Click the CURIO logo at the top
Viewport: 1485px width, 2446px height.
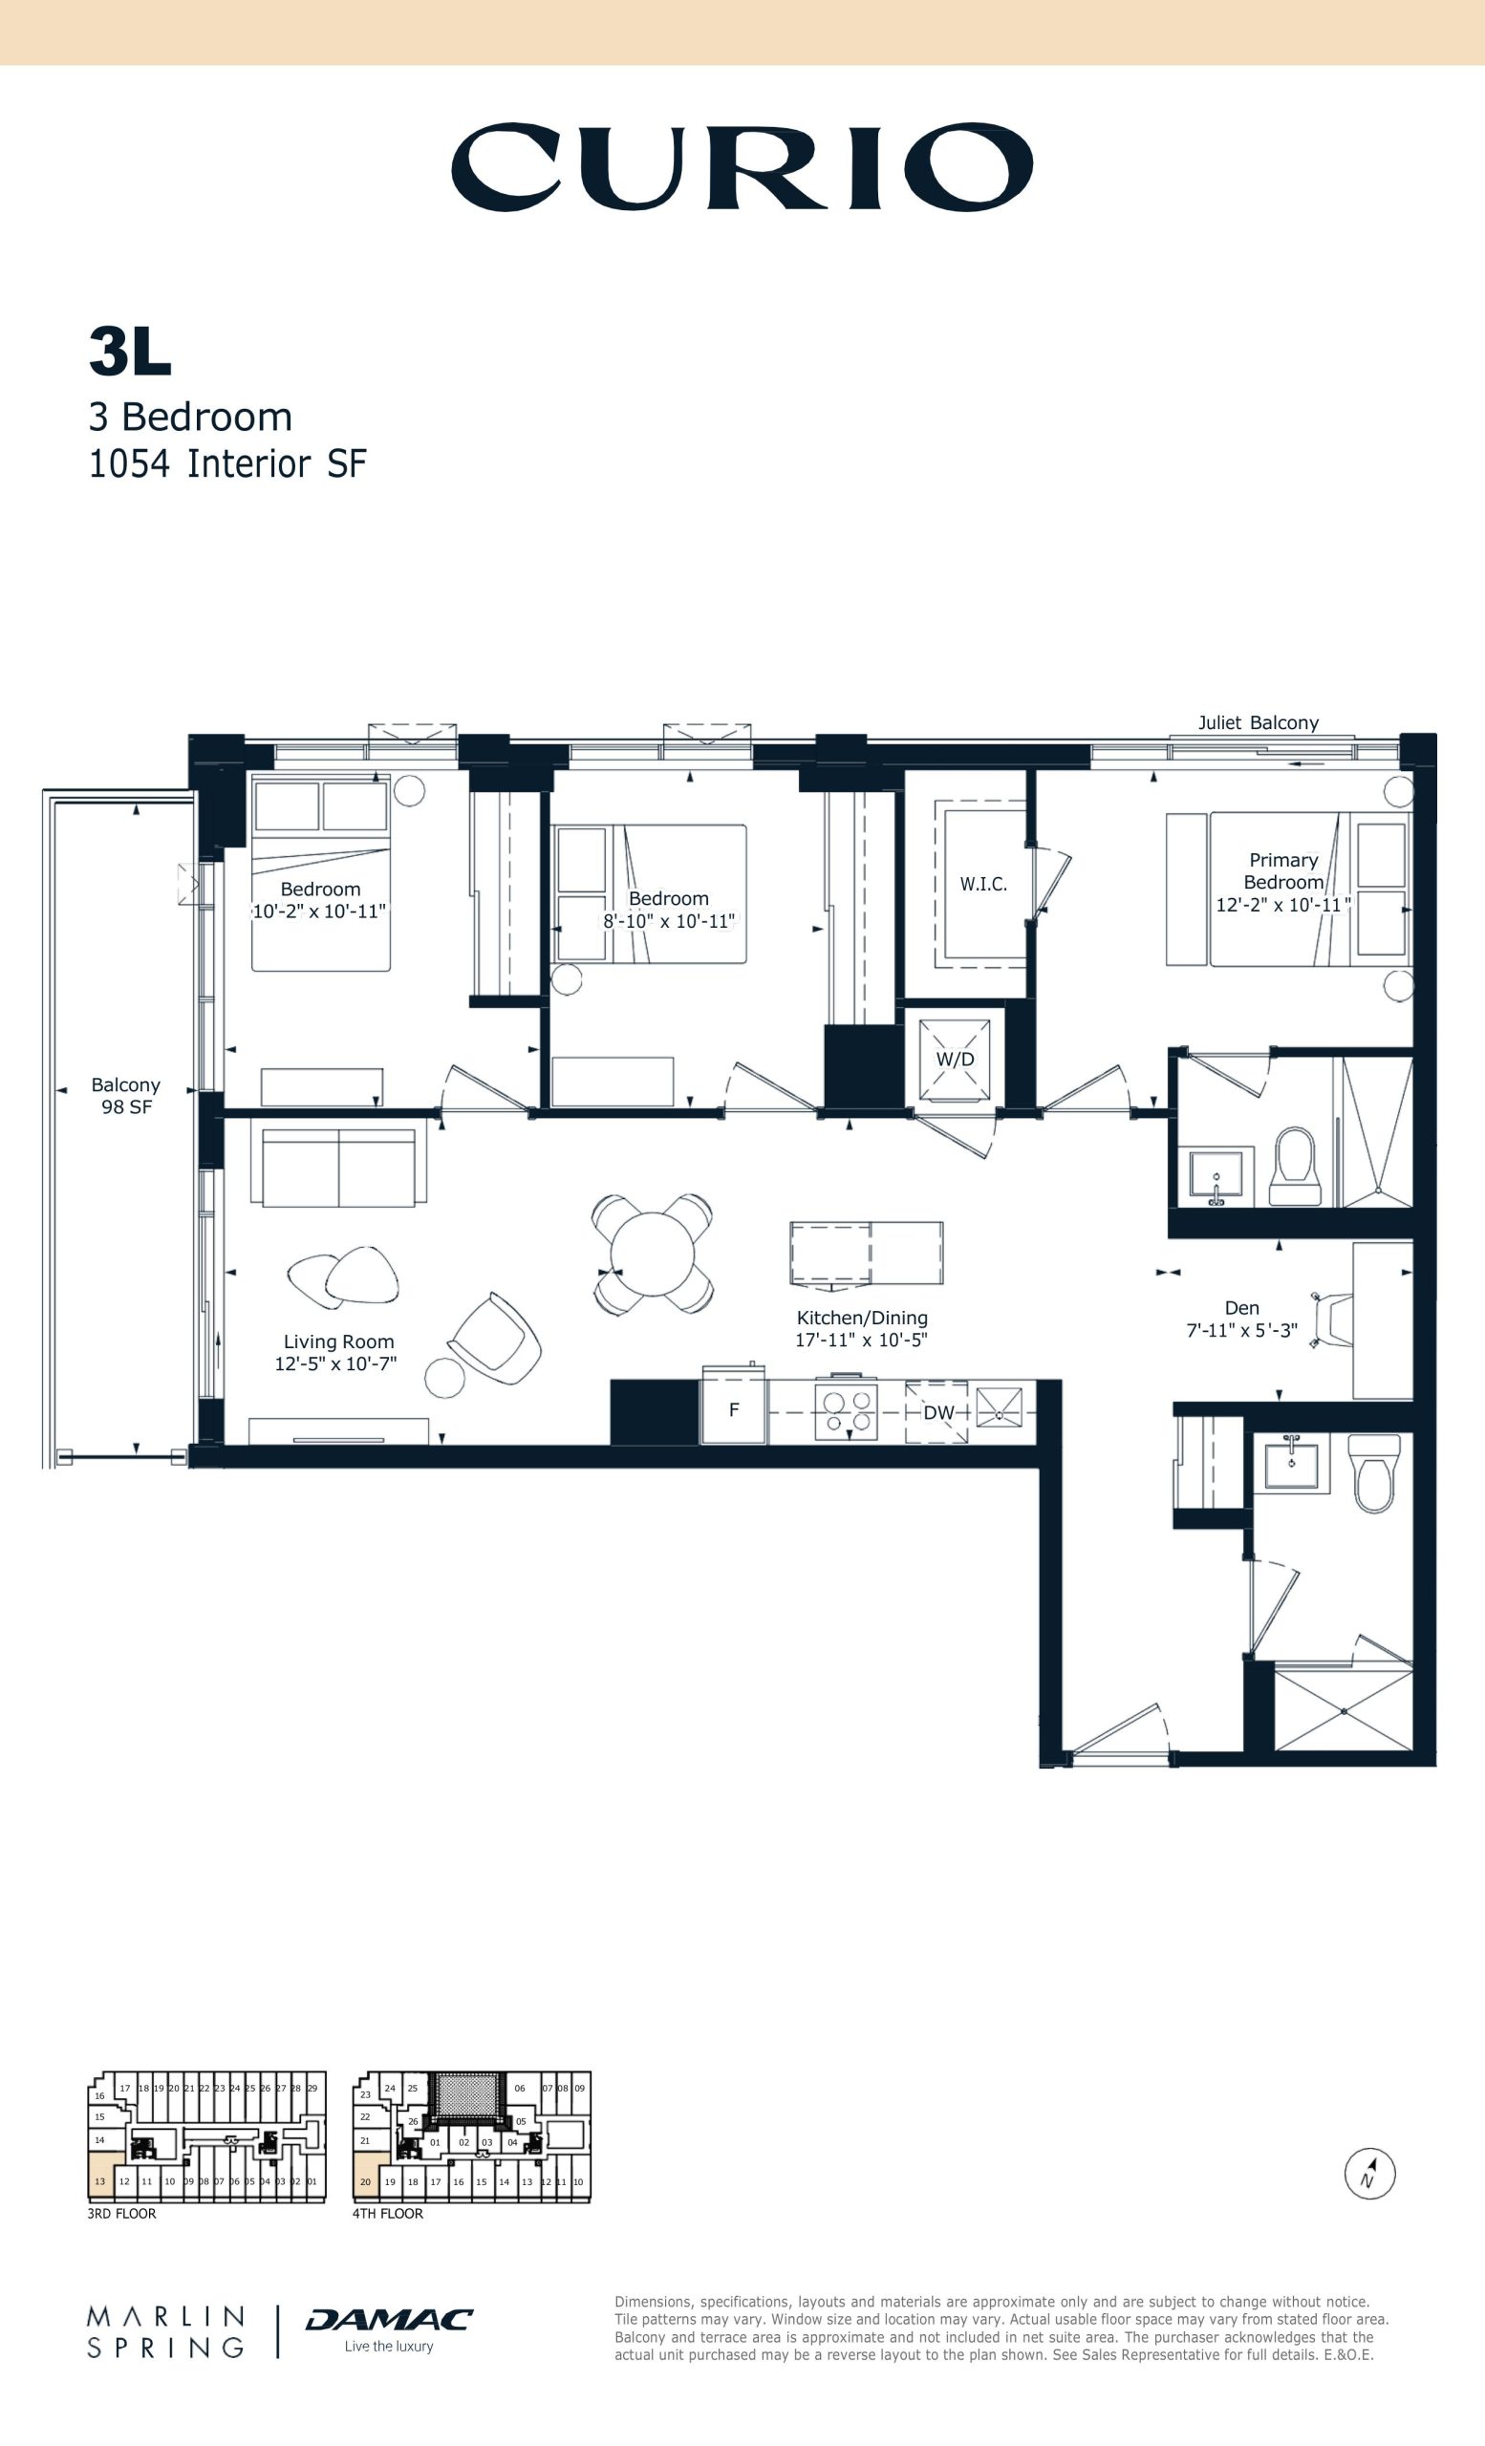point(742,167)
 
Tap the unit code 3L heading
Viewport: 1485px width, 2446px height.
point(130,352)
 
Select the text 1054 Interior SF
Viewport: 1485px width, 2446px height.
point(227,463)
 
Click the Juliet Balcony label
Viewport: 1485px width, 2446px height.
point(1258,722)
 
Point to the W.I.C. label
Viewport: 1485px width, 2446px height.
point(982,884)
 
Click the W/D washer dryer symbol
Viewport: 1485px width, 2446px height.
point(955,1060)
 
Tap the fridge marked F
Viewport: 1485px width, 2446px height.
point(734,1409)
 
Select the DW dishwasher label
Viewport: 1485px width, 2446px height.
point(938,1412)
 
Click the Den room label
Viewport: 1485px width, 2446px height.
point(1240,1308)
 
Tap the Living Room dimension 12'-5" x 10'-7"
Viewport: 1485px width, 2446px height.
point(335,1364)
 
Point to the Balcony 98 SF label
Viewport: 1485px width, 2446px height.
point(126,1096)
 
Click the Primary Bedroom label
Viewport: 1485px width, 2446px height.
point(1283,870)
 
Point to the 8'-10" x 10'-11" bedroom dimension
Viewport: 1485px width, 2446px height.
point(669,920)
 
